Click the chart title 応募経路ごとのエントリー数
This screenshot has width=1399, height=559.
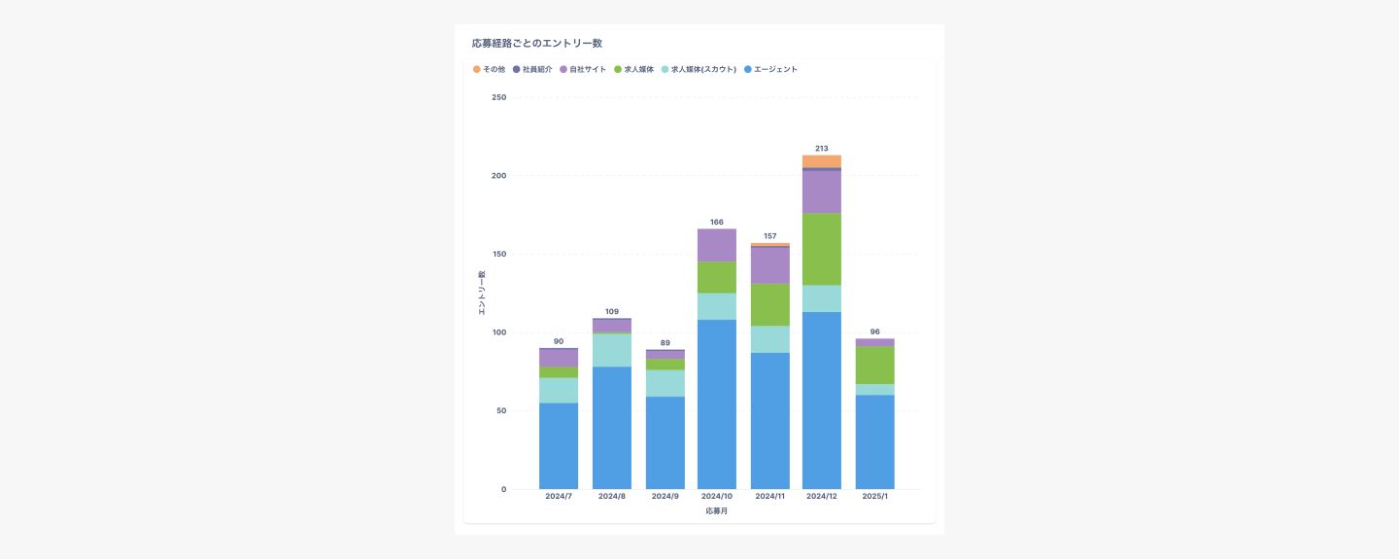point(536,44)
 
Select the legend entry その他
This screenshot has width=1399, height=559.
point(490,70)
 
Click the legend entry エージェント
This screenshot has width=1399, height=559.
point(770,70)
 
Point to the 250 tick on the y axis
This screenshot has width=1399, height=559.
point(498,97)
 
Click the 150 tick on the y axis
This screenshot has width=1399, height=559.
point(498,255)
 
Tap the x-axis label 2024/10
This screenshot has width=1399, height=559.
point(717,496)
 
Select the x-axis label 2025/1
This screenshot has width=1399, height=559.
point(875,496)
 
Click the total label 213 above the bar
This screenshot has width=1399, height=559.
point(822,149)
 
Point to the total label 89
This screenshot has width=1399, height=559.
point(665,342)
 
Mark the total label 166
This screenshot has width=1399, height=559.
point(717,223)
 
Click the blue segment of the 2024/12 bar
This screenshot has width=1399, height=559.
point(822,399)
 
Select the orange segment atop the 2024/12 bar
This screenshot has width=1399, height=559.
point(822,161)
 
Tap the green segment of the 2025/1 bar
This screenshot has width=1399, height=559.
point(875,365)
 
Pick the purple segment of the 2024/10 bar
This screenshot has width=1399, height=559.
point(717,245)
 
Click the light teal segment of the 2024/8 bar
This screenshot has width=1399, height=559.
point(612,350)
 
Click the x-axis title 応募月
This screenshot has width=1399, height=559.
point(717,511)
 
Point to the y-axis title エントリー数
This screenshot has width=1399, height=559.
point(482,293)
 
